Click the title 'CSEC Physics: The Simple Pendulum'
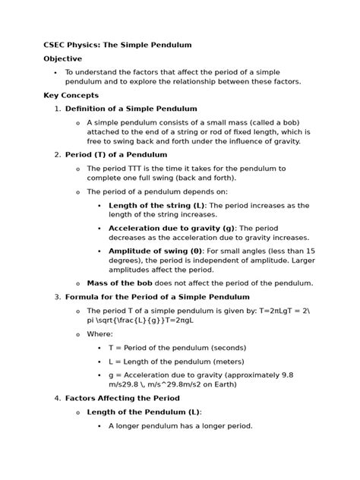[117, 45]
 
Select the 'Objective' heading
[62, 58]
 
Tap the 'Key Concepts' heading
[71, 95]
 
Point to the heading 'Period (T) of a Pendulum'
[116, 154]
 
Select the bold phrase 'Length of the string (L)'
[156, 205]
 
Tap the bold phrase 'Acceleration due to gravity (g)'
[172, 227]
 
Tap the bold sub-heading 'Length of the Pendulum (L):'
[144, 412]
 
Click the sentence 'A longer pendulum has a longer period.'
[180, 425]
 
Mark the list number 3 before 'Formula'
[57, 296]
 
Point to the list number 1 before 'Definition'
[57, 109]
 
